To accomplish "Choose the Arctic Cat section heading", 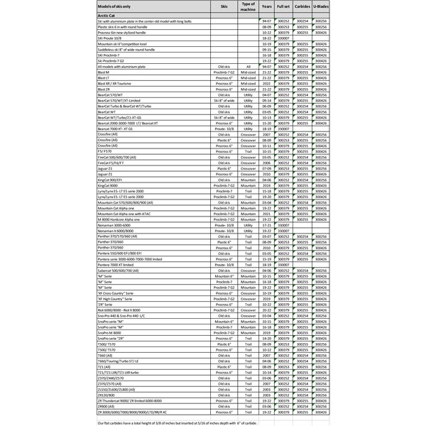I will pos(106,15).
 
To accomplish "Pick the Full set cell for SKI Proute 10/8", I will pos(283,38).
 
